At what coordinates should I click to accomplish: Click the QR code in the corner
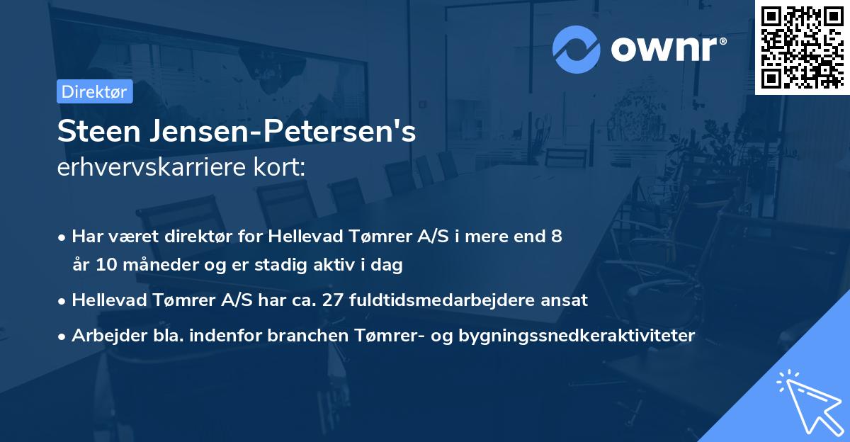point(802,47)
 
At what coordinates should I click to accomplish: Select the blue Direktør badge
point(94,91)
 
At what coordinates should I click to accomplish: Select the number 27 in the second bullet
point(332,300)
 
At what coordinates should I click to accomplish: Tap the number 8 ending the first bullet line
point(557,237)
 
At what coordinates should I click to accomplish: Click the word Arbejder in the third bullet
point(103,336)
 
